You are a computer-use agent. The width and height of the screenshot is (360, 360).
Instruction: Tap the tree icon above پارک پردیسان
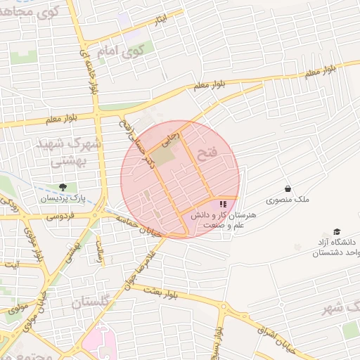(64, 188)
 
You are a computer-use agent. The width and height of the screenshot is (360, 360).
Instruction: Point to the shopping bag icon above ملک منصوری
(288, 188)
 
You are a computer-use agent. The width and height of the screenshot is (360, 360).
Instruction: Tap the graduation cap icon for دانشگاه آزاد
(337, 232)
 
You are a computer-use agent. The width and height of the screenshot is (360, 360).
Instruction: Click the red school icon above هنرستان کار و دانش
(224, 204)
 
